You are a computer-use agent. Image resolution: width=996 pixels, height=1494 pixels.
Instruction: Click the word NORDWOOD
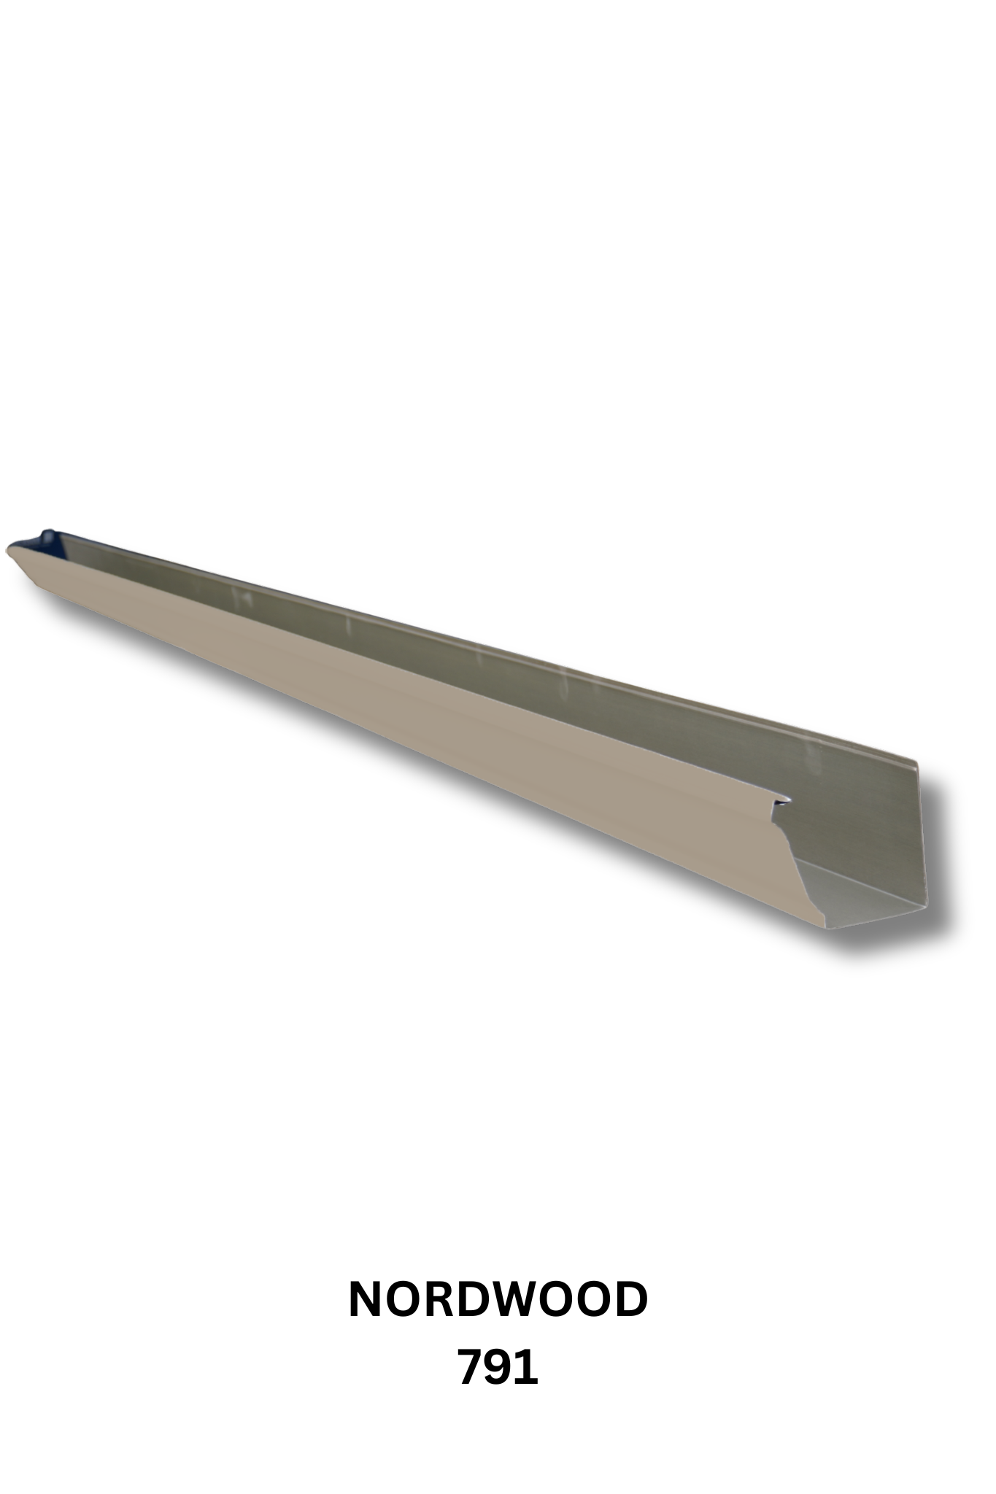coord(498,1300)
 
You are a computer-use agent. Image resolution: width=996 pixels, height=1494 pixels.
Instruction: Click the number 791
coord(498,1368)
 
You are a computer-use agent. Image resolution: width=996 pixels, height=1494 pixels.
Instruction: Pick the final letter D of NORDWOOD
coord(630,1300)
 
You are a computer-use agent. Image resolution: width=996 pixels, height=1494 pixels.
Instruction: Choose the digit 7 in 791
coord(471,1368)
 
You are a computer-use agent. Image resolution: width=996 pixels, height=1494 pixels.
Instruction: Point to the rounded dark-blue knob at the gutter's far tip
coord(48,535)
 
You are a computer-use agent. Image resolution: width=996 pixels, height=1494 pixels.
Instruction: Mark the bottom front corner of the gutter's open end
coord(828,929)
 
